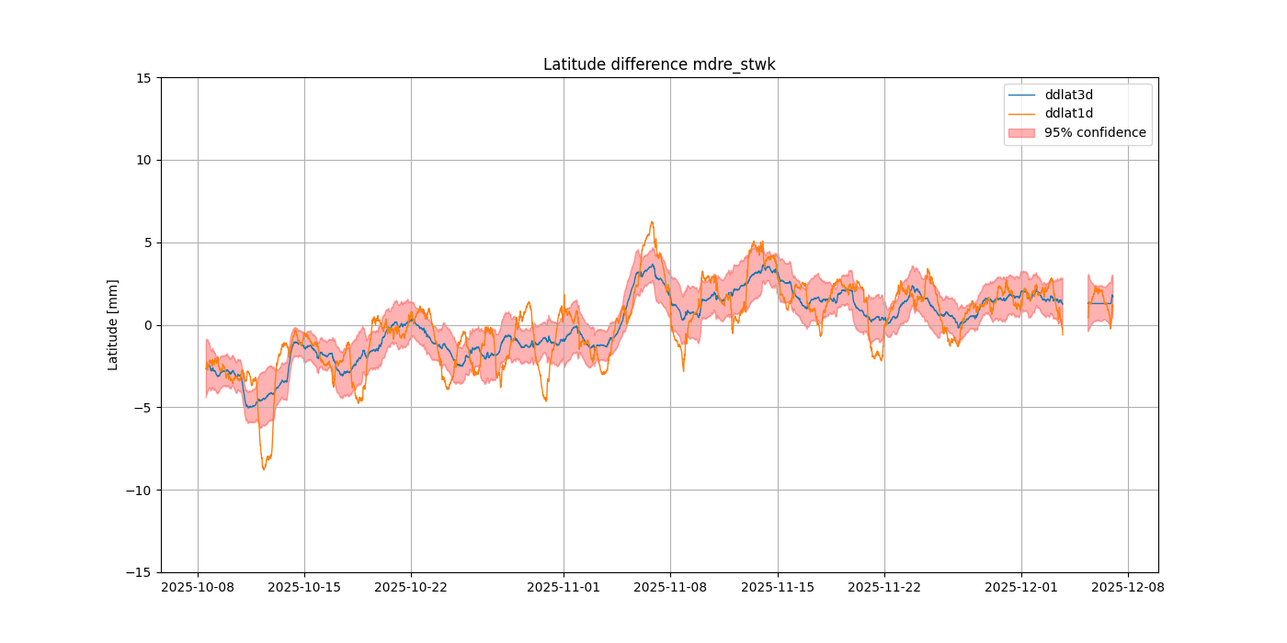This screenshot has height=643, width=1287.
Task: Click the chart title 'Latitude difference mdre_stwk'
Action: click(x=659, y=64)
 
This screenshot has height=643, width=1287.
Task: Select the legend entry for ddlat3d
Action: click(x=1068, y=95)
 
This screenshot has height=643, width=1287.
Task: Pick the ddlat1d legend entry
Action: click(x=1068, y=113)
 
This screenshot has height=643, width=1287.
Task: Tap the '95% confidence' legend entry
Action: click(x=1095, y=132)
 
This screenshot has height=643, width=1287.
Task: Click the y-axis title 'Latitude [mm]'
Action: click(x=113, y=324)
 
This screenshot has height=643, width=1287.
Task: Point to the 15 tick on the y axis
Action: click(x=144, y=78)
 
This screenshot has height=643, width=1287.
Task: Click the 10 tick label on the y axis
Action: click(x=144, y=160)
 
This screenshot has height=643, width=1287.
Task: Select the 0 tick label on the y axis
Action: click(x=148, y=325)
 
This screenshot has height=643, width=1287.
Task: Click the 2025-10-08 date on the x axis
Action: click(x=198, y=587)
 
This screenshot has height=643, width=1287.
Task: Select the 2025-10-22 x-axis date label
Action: click(x=411, y=587)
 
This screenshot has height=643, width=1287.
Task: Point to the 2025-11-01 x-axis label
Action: click(x=564, y=587)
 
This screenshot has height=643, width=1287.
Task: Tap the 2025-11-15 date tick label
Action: click(x=778, y=587)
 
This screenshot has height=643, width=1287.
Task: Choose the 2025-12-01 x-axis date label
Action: click(x=1021, y=587)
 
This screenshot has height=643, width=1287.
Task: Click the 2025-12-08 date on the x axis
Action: click(x=1128, y=587)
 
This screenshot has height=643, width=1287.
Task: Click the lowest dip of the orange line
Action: click(x=264, y=469)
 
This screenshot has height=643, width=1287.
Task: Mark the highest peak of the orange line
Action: click(x=652, y=221)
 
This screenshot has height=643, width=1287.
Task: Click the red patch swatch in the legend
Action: click(x=1021, y=132)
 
